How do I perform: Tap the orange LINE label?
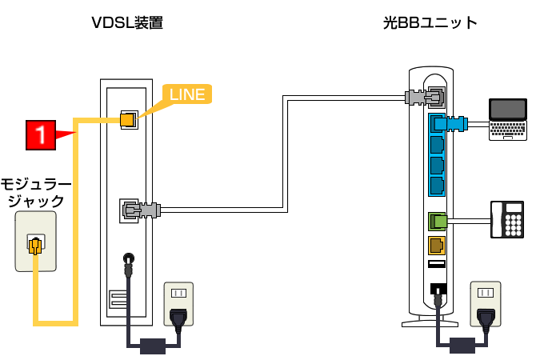pyautogui.click(x=186, y=94)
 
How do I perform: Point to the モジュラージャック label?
pyautogui.click(x=35, y=193)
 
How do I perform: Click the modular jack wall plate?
pyautogui.click(x=35, y=242)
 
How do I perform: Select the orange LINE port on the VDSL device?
pyautogui.click(x=126, y=120)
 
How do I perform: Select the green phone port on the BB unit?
pyautogui.click(x=437, y=219)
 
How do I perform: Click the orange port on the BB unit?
pyautogui.click(x=437, y=244)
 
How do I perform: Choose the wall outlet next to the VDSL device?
pyautogui.click(x=178, y=304)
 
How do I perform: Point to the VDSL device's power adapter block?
pyautogui.click(x=151, y=346)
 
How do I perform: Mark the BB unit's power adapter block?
pyautogui.click(x=462, y=346)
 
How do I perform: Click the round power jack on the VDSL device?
pyautogui.click(x=126, y=258)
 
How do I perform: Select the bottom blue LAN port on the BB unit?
pyautogui.click(x=437, y=186)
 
